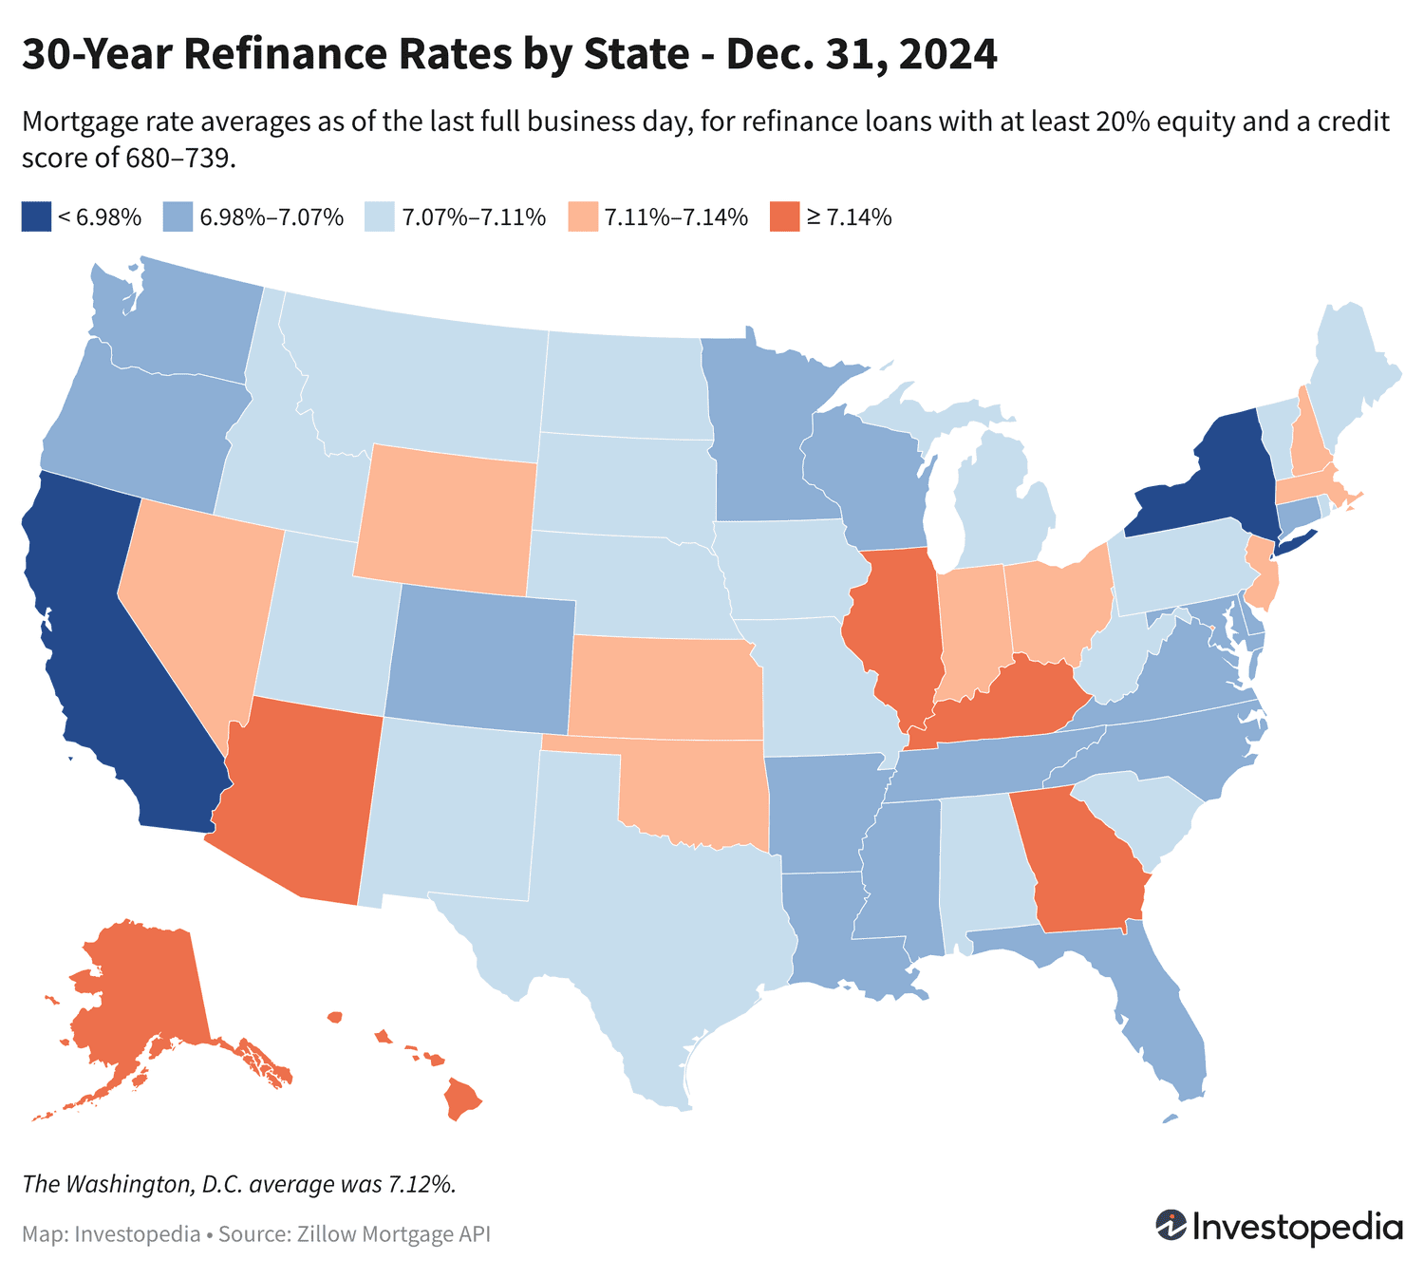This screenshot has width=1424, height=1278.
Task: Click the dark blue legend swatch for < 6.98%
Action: coord(36,217)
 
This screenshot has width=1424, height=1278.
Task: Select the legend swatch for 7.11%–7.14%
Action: coord(582,217)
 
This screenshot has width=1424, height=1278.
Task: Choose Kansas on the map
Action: coord(665,688)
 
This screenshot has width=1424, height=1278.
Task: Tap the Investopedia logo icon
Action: coord(1171,1225)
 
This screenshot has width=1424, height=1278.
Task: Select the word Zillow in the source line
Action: coord(326,1234)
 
